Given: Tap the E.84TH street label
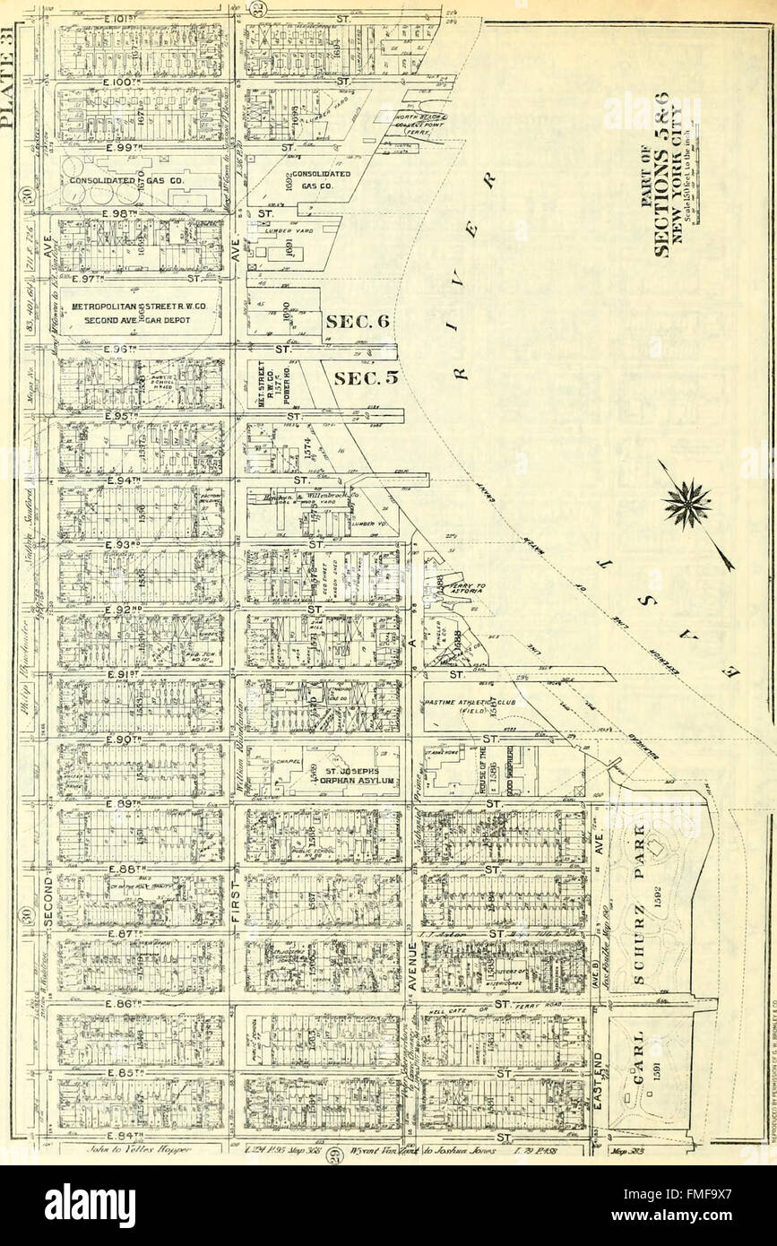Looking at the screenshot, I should pos(95,1137).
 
